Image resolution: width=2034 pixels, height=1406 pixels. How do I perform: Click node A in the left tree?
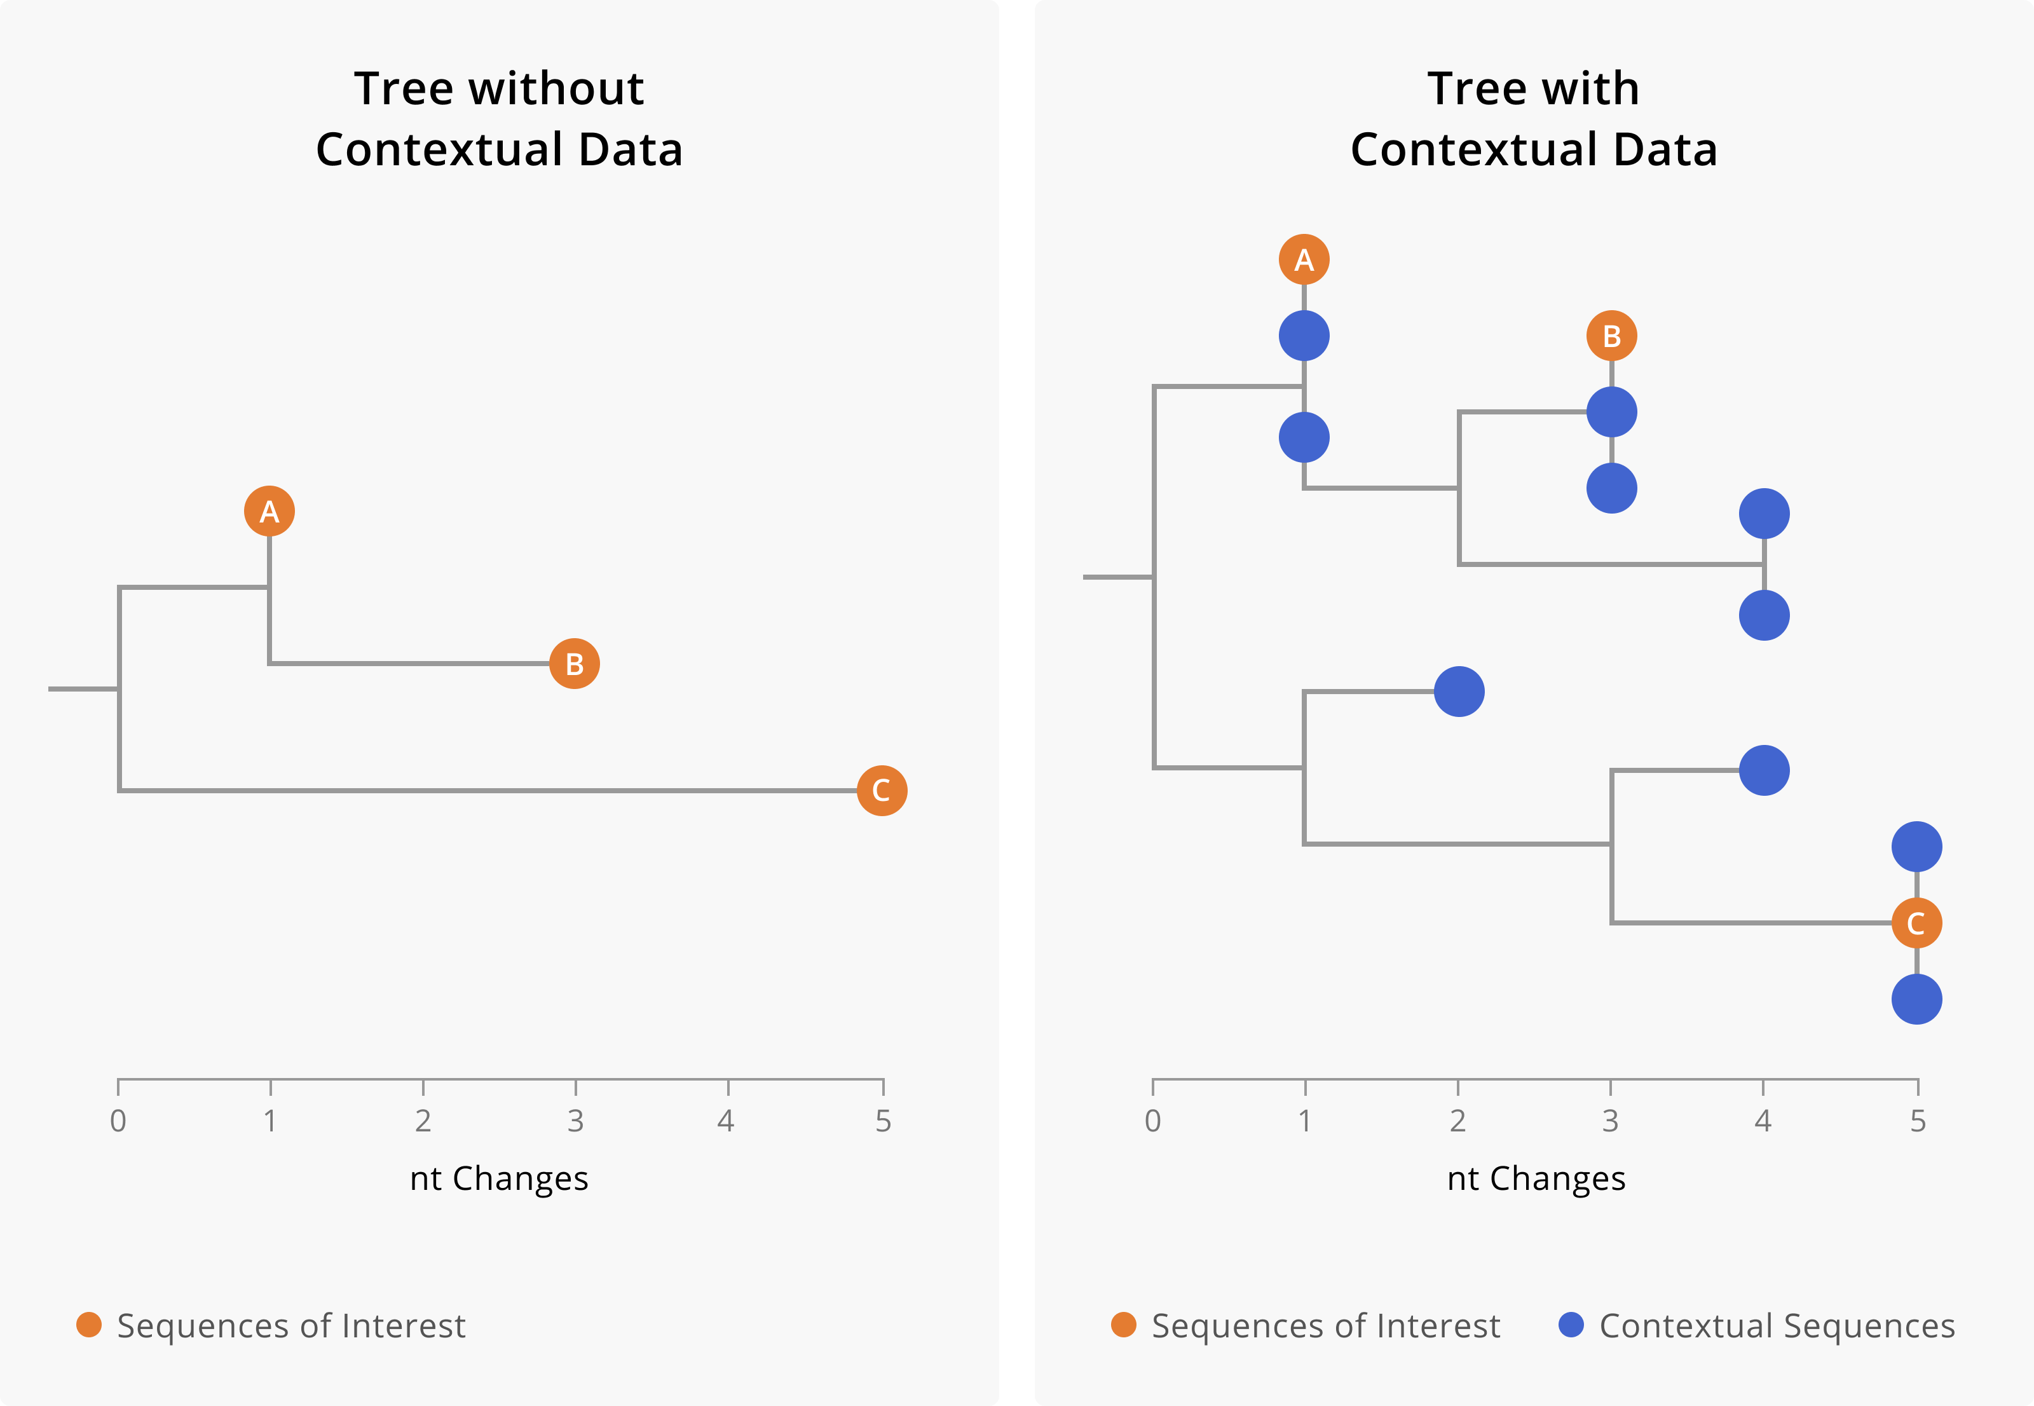click(269, 511)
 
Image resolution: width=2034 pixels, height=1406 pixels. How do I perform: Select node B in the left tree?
click(575, 664)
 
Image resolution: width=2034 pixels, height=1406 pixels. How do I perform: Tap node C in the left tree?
click(882, 790)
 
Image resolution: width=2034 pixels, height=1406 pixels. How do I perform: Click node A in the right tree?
click(1304, 260)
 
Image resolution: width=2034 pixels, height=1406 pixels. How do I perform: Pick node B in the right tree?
click(1611, 336)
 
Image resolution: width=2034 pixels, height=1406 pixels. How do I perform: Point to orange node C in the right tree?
click(1916, 923)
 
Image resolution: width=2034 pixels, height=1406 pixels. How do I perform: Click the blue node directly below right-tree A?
click(1304, 336)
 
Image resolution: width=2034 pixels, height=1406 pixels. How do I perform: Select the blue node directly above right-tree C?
click(1916, 847)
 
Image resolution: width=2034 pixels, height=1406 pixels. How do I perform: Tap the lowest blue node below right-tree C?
click(1916, 999)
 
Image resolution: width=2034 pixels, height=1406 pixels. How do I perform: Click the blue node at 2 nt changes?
click(1459, 692)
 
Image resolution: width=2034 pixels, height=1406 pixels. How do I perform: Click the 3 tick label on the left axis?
click(575, 1121)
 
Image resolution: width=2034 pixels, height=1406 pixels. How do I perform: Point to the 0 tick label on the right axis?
click(1152, 1121)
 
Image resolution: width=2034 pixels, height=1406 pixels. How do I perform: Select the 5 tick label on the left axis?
click(883, 1121)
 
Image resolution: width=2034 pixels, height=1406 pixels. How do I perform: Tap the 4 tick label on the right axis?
click(1763, 1121)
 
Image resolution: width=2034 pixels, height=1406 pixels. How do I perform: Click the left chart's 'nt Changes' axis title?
click(498, 1178)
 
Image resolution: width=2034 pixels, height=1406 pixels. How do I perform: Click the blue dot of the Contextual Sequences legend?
click(1571, 1325)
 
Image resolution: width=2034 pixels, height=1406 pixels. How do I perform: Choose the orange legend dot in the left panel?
click(89, 1325)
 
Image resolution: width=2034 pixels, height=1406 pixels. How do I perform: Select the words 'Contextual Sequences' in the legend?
click(1777, 1326)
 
